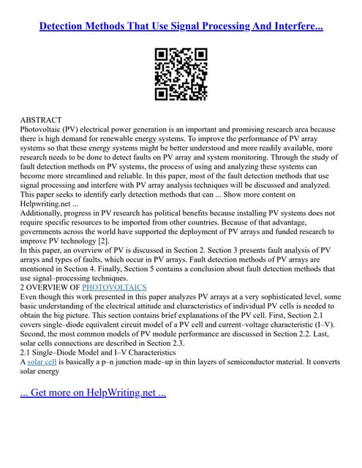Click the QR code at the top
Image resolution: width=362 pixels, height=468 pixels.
(181, 74)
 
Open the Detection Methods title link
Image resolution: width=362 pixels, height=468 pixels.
(181, 27)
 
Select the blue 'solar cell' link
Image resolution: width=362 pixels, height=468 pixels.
(42, 362)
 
